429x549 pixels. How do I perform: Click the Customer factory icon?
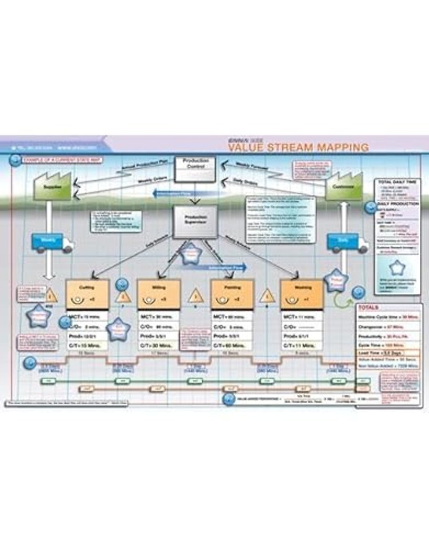pyautogui.click(x=344, y=185)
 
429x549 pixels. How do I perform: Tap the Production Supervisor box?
pyautogui.click(x=196, y=221)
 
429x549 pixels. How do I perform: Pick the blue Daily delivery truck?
pyautogui.click(x=344, y=242)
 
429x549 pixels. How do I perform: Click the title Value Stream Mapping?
pyautogui.click(x=298, y=148)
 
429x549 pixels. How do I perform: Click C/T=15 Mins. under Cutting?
pyautogui.click(x=87, y=345)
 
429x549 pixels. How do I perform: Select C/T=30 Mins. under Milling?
pyautogui.click(x=159, y=345)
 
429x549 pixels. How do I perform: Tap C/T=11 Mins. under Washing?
pyautogui.click(x=301, y=345)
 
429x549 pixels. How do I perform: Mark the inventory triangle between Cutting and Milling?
pyautogui.click(x=123, y=296)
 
